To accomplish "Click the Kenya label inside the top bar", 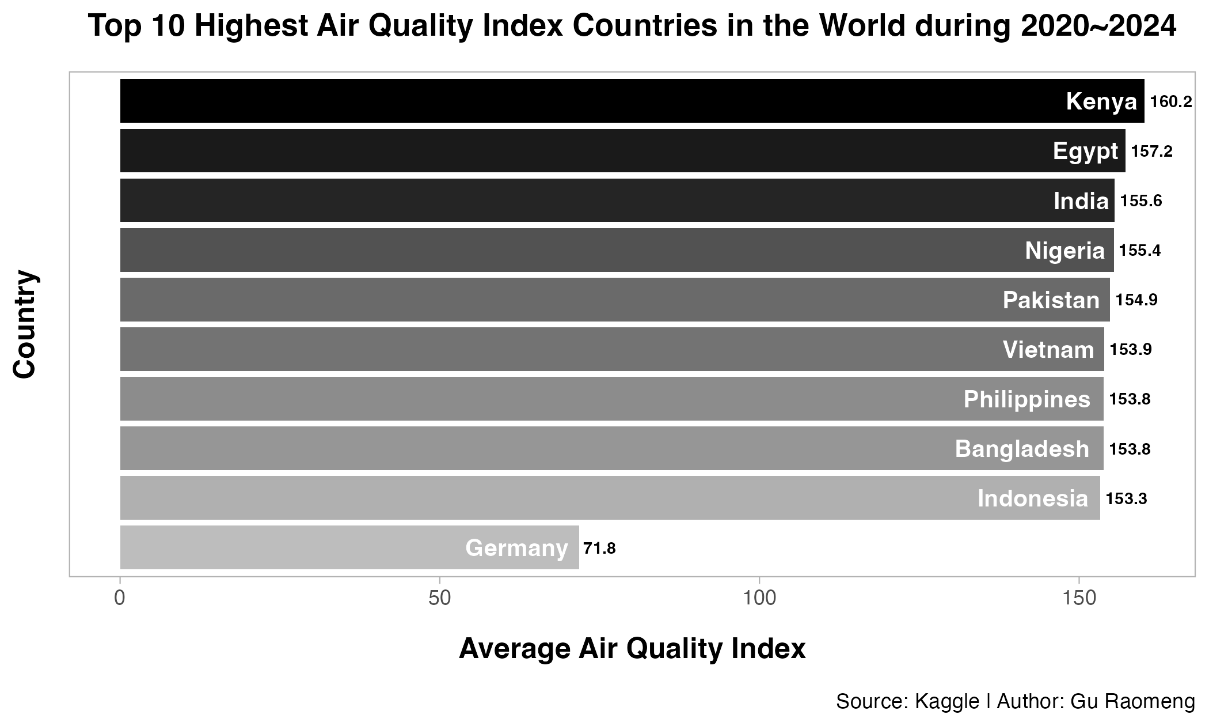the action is pyautogui.click(x=1101, y=101).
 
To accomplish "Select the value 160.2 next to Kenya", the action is pyautogui.click(x=1171, y=102).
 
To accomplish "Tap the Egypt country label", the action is pyautogui.click(x=1085, y=152).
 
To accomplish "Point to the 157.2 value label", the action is pyautogui.click(x=1152, y=152).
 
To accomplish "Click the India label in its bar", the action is pyautogui.click(x=1081, y=201).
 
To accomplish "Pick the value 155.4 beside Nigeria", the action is pyautogui.click(x=1140, y=251).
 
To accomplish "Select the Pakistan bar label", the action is pyautogui.click(x=1051, y=300).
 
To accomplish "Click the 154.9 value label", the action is pyautogui.click(x=1136, y=300).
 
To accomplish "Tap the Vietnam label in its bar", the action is pyautogui.click(x=1048, y=350).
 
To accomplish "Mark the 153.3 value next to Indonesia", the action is pyautogui.click(x=1127, y=498).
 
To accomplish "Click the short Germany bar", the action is pyautogui.click(x=349, y=547).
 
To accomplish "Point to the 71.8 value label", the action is pyautogui.click(x=600, y=548).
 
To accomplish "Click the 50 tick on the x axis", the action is pyautogui.click(x=440, y=598).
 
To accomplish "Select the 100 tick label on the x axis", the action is pyautogui.click(x=759, y=598).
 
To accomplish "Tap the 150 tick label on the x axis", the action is pyautogui.click(x=1079, y=598).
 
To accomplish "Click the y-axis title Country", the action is pyautogui.click(x=25, y=324).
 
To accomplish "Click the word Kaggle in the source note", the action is pyautogui.click(x=947, y=702).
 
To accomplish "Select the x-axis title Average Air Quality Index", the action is pyautogui.click(x=632, y=649).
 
